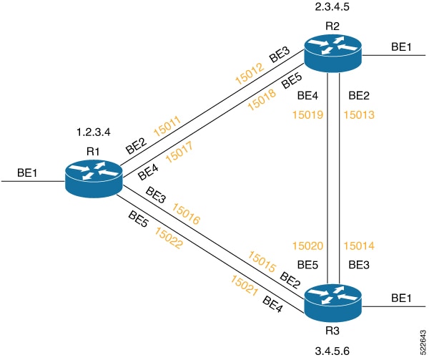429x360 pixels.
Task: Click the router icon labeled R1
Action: (x=92, y=177)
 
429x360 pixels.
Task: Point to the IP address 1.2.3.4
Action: (x=93, y=132)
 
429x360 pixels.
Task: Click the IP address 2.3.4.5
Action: (x=332, y=8)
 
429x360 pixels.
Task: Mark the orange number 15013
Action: (x=359, y=113)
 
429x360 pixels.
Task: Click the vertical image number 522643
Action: (x=423, y=339)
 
